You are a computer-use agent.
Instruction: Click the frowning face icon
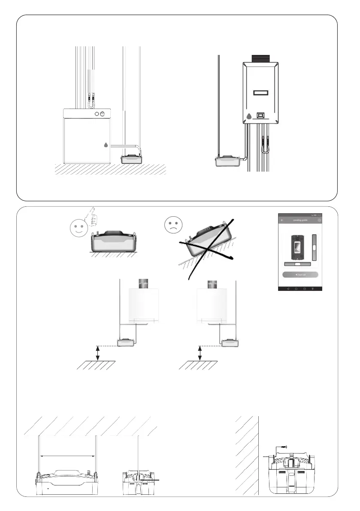click(174, 225)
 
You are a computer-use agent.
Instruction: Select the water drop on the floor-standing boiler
click(106, 145)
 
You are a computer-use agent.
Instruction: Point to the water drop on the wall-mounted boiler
click(249, 116)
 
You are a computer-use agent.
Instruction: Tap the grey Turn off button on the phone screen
click(300, 275)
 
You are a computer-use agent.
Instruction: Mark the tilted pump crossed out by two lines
click(208, 242)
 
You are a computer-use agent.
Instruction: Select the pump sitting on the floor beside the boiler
click(133, 158)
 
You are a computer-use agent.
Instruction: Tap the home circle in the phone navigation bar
click(296, 288)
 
